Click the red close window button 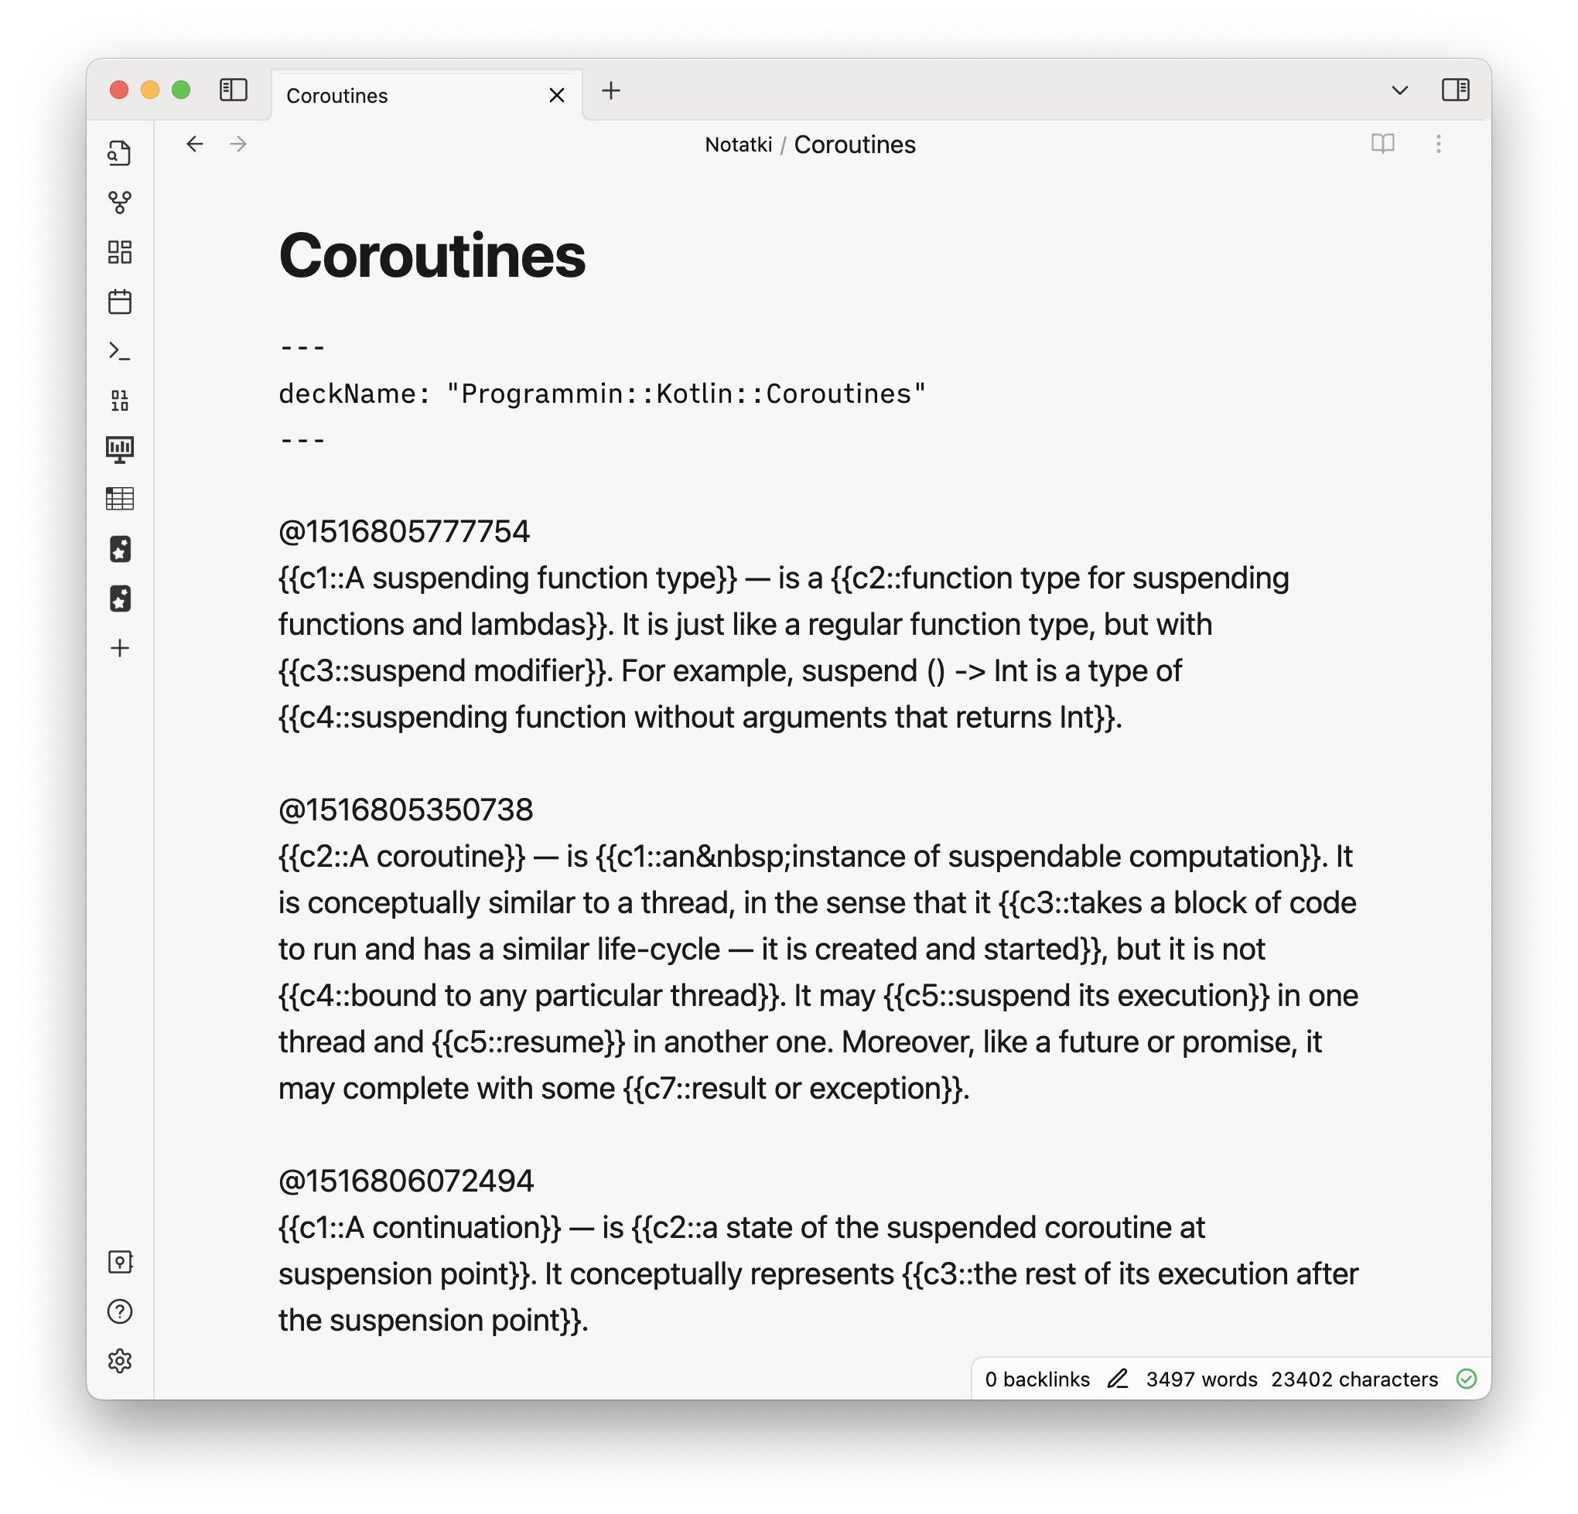(x=119, y=90)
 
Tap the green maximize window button (x=181, y=90)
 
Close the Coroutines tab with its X (x=556, y=96)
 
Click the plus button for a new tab (x=611, y=91)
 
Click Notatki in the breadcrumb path (x=737, y=145)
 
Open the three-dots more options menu (x=1438, y=144)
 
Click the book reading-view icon (x=1382, y=144)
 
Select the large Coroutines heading (x=432, y=256)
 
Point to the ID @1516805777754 (x=403, y=532)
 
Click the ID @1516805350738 (x=405, y=810)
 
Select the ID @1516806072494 (x=405, y=1181)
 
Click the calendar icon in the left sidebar (x=120, y=302)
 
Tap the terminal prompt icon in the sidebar (x=120, y=351)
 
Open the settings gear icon (x=120, y=1361)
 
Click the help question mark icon (x=120, y=1311)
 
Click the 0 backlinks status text (x=1037, y=1379)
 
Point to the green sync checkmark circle (x=1466, y=1379)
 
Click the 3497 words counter (x=1201, y=1379)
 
